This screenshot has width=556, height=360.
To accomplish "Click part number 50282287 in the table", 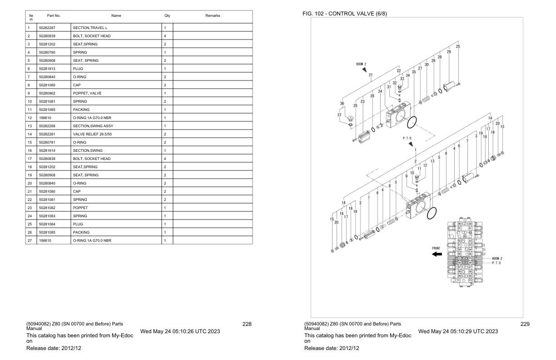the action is click(x=47, y=28).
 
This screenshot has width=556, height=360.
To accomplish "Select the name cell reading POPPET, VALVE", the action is click(x=87, y=93).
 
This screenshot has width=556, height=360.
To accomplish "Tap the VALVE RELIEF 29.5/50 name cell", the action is click(x=92, y=134).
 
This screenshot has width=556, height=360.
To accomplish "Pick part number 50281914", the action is click(x=47, y=150).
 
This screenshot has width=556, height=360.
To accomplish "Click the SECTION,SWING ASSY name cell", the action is click(x=93, y=126).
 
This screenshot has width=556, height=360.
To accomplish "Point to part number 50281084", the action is click(x=47, y=224).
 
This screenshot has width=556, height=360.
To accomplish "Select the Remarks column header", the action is click(x=213, y=15).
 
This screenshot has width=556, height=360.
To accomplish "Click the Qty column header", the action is click(x=167, y=15).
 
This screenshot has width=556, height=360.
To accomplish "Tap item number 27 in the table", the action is click(x=30, y=240).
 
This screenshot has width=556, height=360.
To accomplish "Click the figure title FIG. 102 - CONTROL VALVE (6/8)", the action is click(x=344, y=14).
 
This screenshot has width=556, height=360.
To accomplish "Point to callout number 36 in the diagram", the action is click(x=342, y=103).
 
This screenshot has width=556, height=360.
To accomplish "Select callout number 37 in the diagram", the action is click(x=339, y=115).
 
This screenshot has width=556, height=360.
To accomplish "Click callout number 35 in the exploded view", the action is click(x=414, y=72).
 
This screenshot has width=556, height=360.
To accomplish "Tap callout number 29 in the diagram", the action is click(x=449, y=52).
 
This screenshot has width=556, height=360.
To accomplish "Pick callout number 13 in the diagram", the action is click(x=432, y=161).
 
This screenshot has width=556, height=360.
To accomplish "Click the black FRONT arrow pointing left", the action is click(x=437, y=254).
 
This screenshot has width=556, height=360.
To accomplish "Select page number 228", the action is click(x=247, y=324).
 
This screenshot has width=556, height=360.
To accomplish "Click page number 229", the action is click(x=525, y=324).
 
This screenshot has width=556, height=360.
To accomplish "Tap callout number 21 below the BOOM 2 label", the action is click(x=371, y=75).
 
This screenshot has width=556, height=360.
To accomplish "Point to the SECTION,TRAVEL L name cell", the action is click(x=90, y=28).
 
